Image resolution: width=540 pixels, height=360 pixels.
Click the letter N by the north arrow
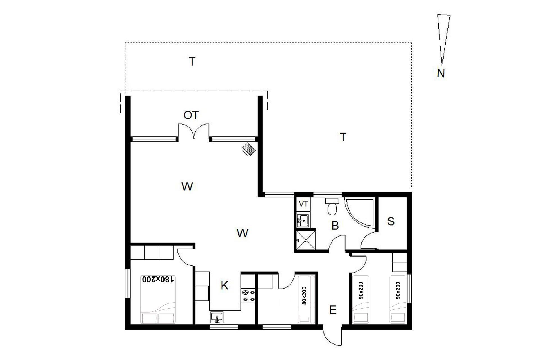pyautogui.click(x=441, y=73)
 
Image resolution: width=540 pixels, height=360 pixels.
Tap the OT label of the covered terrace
pyautogui.click(x=191, y=115)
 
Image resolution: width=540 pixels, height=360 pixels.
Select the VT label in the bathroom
pyautogui.click(x=303, y=204)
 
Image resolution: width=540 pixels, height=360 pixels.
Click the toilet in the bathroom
pyautogui.click(x=332, y=206)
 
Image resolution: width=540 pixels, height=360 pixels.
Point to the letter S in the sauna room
pyautogui.click(x=391, y=221)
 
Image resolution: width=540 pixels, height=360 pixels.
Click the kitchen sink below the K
pyautogui.click(x=217, y=317)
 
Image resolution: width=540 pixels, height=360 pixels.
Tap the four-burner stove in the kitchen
pyautogui.click(x=249, y=295)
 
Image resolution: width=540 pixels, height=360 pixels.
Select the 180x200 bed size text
pyautogui.click(x=158, y=279)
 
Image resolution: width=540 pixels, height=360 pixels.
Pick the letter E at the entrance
pyautogui.click(x=333, y=310)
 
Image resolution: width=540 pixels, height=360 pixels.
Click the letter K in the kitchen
pyautogui.click(x=224, y=286)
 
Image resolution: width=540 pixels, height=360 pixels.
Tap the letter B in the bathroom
pyautogui.click(x=335, y=226)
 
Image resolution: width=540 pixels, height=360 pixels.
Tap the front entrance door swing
pyautogui.click(x=333, y=336)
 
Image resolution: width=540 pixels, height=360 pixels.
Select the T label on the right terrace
pyautogui.click(x=343, y=137)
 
